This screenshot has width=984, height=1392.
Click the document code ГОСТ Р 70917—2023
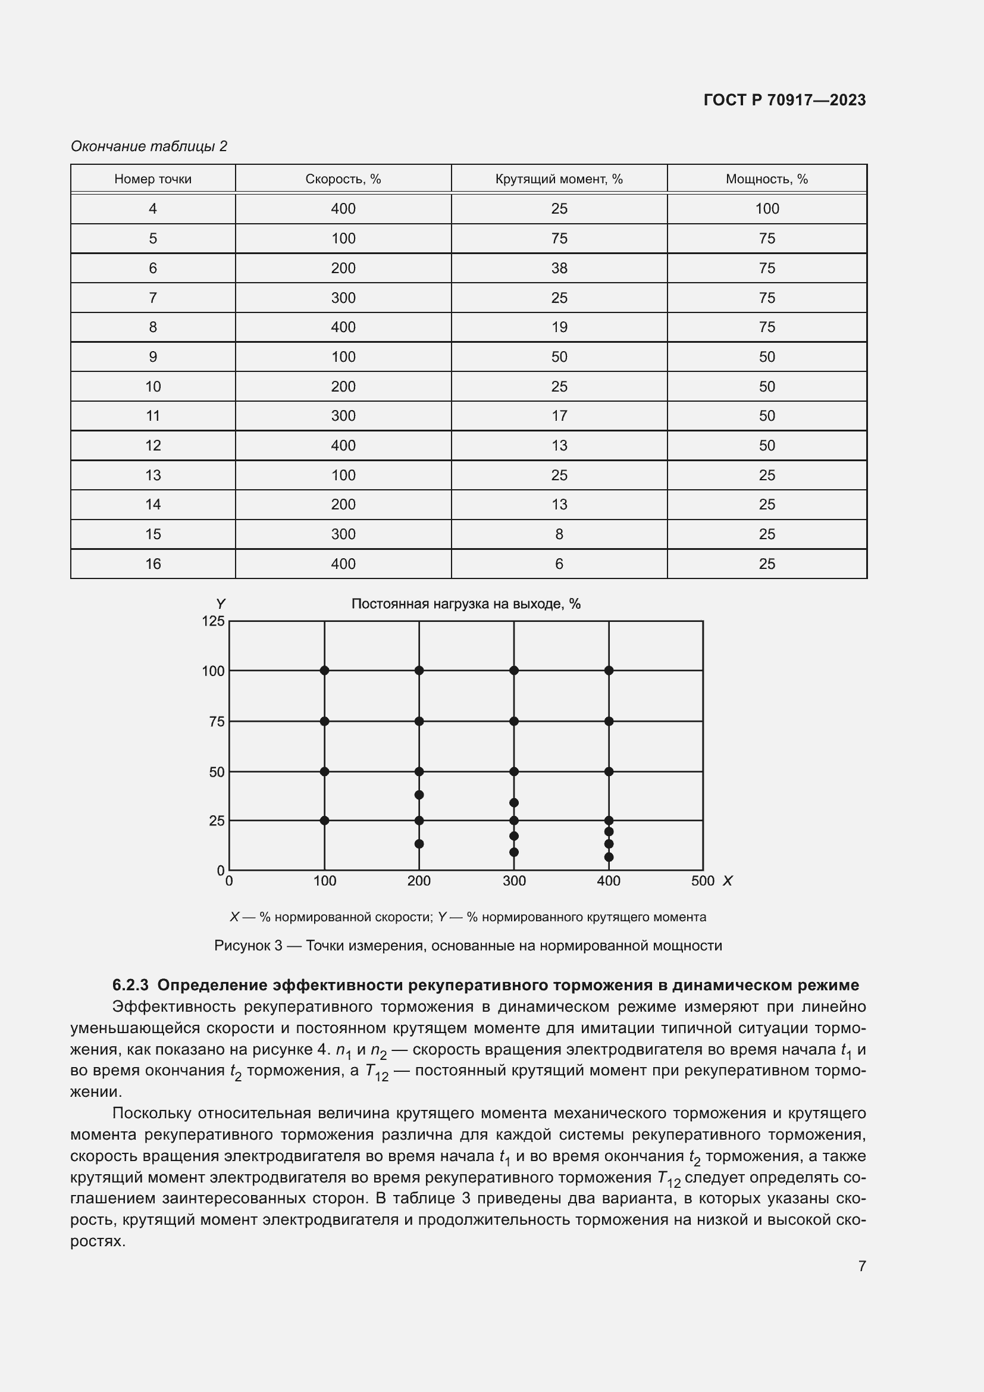coord(784,100)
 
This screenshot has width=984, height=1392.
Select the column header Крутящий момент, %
coord(559,179)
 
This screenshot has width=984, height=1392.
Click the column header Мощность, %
coord(766,179)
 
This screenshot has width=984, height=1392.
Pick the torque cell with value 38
coord(559,268)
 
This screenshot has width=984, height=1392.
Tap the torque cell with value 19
coord(559,327)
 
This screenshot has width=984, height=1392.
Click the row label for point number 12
coord(153,446)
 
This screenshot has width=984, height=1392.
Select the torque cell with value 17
coord(559,416)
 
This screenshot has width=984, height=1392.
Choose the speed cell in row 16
coord(343,564)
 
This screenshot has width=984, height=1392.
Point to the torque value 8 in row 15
coord(559,534)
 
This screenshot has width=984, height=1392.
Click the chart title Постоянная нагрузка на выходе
coord(465,604)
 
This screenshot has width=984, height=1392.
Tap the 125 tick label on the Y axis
coord(214,621)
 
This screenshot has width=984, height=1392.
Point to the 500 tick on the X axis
coord(702,881)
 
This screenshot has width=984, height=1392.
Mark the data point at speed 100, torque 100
coord(324,670)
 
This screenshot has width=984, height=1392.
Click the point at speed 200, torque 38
coord(419,795)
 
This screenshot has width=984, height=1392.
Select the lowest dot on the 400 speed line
coord(609,857)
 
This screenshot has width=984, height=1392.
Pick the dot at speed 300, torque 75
coord(514,721)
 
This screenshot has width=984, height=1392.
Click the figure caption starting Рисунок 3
coord(468,946)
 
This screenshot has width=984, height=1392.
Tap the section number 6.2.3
coord(130,985)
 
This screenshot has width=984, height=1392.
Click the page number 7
coord(861,1266)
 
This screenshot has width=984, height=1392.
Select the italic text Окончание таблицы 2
coord(149,146)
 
